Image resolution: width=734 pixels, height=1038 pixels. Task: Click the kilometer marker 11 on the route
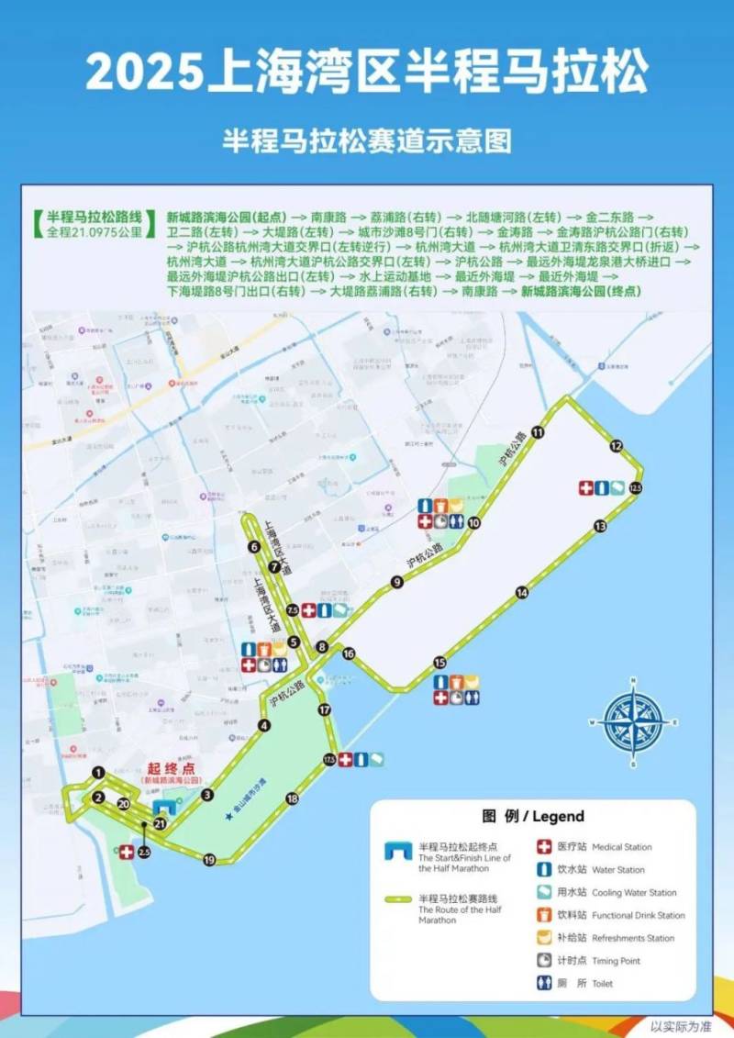coord(538,432)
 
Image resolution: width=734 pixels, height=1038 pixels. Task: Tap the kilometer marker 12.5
coord(635,487)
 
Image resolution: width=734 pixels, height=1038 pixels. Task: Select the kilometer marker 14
coord(522,593)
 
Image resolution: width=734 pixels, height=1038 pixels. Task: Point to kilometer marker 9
coord(397,582)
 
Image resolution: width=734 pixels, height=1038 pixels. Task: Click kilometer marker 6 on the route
coord(254,547)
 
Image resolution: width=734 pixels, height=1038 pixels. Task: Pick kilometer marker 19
coord(209,860)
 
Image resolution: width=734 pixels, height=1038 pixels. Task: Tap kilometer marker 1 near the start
coord(99,774)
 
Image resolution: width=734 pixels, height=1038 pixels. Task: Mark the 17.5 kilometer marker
coord(329,760)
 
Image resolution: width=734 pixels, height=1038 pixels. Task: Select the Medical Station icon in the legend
coord(544,847)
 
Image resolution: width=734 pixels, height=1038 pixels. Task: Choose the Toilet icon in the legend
coord(544,984)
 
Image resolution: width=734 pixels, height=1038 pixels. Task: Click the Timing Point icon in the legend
coord(544,961)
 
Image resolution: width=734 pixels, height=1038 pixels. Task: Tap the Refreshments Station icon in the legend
coord(544,938)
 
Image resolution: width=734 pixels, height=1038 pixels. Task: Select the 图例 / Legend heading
coord(532,816)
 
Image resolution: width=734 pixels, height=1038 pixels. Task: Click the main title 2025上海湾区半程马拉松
coord(367,72)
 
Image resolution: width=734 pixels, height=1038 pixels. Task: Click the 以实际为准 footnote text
coord(681,1026)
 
